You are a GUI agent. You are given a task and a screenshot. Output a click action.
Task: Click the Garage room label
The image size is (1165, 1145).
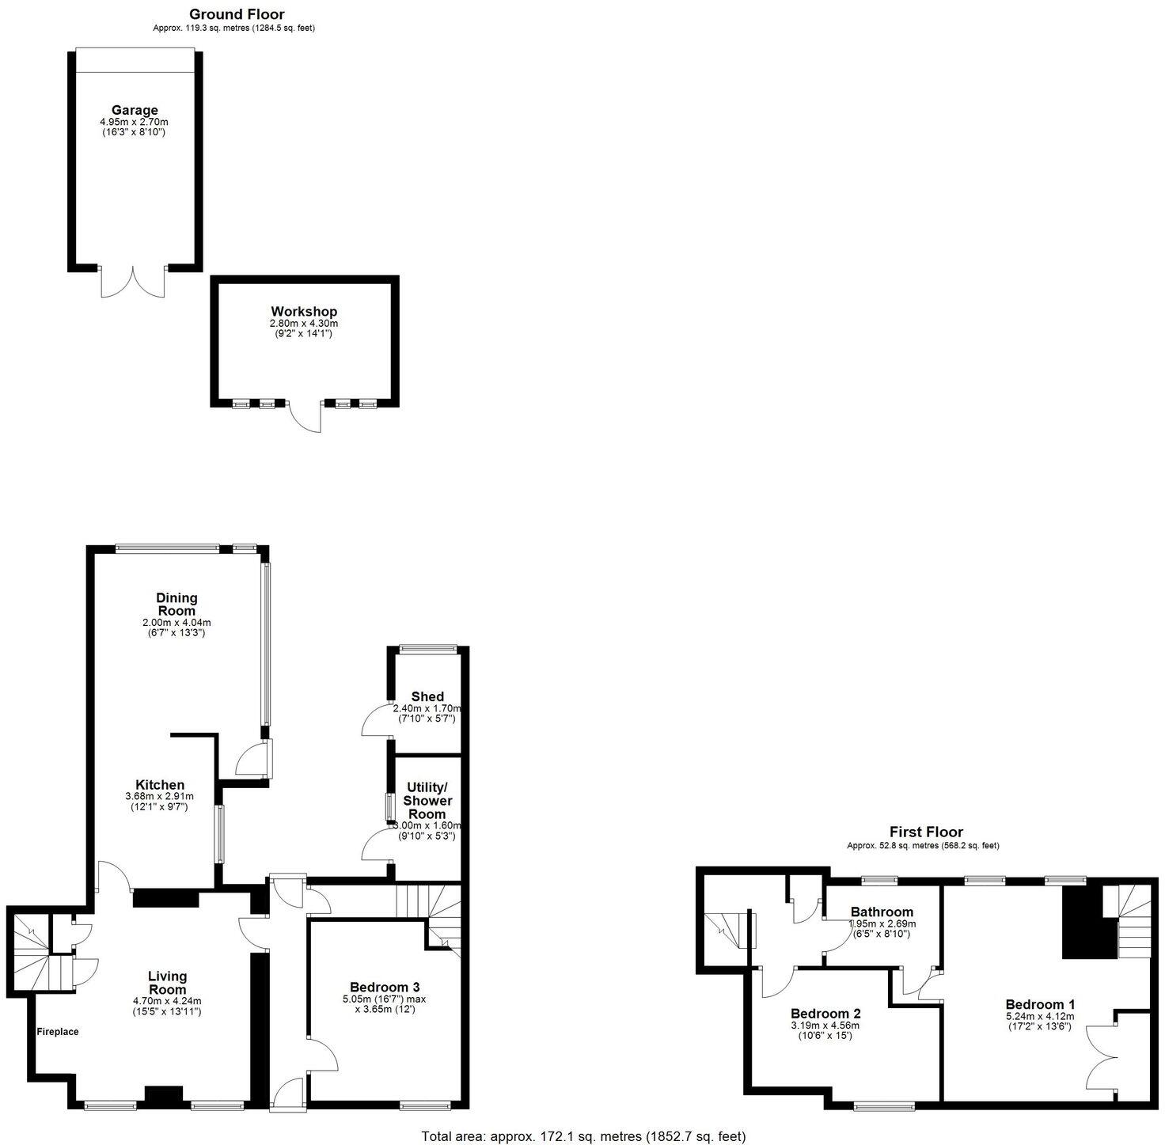134,110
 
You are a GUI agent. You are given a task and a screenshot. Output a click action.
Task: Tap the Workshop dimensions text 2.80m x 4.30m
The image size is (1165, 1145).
304,324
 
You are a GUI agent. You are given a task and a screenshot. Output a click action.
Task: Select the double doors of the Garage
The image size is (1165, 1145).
134,282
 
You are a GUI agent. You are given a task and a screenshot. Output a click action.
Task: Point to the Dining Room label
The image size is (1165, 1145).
176,604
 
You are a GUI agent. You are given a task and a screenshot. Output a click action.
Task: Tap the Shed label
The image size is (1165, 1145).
427,697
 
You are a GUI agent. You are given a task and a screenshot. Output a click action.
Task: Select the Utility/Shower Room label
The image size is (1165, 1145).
427,801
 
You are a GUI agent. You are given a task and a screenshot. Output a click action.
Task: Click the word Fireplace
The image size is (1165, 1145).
58,1032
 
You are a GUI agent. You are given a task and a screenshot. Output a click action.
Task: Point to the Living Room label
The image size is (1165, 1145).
167,983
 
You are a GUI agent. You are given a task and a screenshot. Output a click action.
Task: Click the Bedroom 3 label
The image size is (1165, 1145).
385,987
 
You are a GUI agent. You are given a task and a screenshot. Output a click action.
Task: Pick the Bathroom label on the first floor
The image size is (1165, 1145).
882,912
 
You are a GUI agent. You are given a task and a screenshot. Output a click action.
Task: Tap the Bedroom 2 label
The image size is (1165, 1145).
825,1014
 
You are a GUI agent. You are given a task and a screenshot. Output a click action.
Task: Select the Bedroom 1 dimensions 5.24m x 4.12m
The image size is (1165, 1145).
1040,1016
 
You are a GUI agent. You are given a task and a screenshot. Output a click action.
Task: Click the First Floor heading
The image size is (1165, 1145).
926,832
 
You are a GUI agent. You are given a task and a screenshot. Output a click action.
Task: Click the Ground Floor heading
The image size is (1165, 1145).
237,14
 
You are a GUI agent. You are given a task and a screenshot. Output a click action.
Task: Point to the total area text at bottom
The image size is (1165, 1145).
583,1136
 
